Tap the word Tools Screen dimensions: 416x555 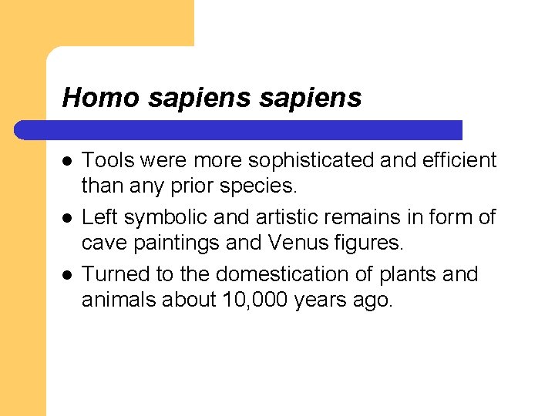coord(107,160)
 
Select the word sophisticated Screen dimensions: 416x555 coord(311,160)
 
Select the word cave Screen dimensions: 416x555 coord(104,244)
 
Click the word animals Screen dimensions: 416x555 coord(120,300)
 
